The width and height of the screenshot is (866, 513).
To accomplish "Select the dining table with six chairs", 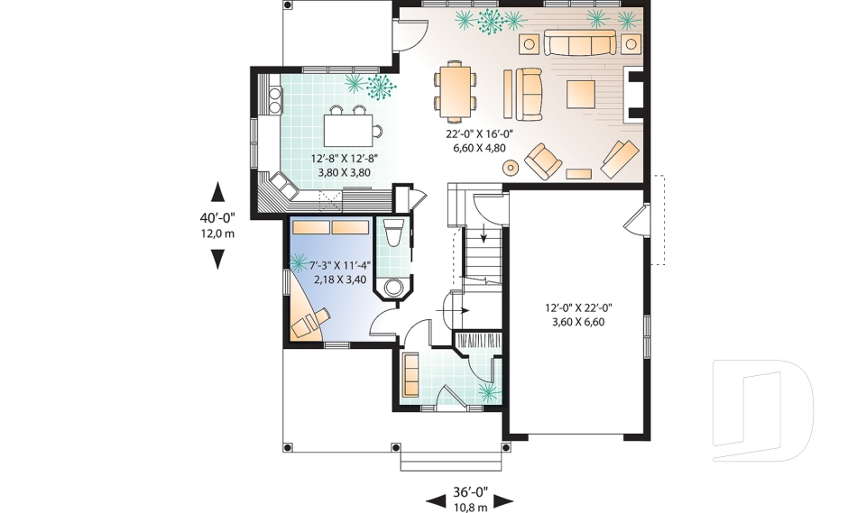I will click(456, 90).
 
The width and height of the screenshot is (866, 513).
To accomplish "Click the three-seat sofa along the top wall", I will click(580, 44).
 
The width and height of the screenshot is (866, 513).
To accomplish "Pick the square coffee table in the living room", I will click(581, 92).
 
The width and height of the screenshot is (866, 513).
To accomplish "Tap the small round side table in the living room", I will click(511, 167).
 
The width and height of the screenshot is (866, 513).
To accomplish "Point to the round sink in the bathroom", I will click(394, 288).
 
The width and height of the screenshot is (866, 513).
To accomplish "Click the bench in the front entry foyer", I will click(410, 373).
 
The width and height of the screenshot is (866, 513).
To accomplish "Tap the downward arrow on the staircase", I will click(484, 237).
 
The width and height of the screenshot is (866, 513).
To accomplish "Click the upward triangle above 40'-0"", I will click(216, 190).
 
